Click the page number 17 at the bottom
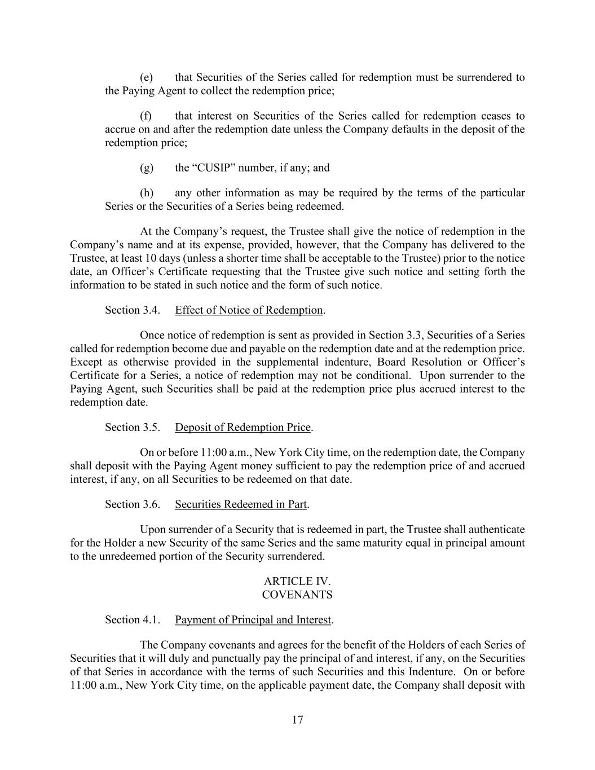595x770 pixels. (298, 720)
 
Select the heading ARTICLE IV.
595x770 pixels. (297, 581)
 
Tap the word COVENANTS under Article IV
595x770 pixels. (297, 595)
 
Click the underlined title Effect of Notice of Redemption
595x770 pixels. (249, 310)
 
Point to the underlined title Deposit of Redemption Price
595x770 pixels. (243, 428)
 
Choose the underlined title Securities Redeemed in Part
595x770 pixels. (241, 504)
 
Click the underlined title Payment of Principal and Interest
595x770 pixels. (253, 620)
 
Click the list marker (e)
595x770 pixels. (146, 77)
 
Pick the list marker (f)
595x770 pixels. (146, 116)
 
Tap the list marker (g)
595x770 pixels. (146, 168)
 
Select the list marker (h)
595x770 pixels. (146, 193)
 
